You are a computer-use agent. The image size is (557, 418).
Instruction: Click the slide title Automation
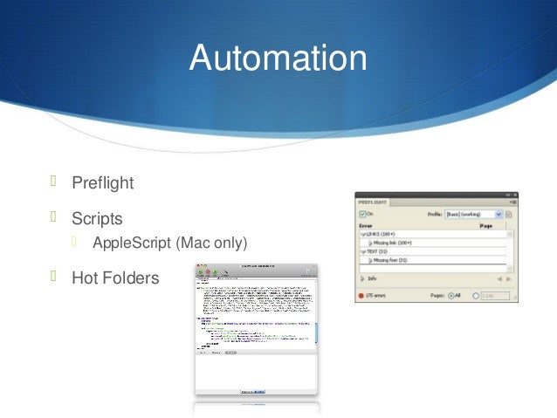tap(278, 59)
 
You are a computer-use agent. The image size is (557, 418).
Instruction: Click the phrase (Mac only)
tap(211, 242)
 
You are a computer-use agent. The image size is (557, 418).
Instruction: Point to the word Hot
tap(86, 278)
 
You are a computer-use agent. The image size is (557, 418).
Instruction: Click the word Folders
tap(131, 278)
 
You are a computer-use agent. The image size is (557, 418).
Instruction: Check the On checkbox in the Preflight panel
tap(361, 214)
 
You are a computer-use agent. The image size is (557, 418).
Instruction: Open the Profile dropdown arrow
tap(499, 214)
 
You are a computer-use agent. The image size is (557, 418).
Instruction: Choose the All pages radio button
tap(450, 295)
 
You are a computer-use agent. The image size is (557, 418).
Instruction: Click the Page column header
tap(486, 225)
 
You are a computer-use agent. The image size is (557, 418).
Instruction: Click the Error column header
tap(366, 225)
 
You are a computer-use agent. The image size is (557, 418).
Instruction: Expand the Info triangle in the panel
tap(361, 279)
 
